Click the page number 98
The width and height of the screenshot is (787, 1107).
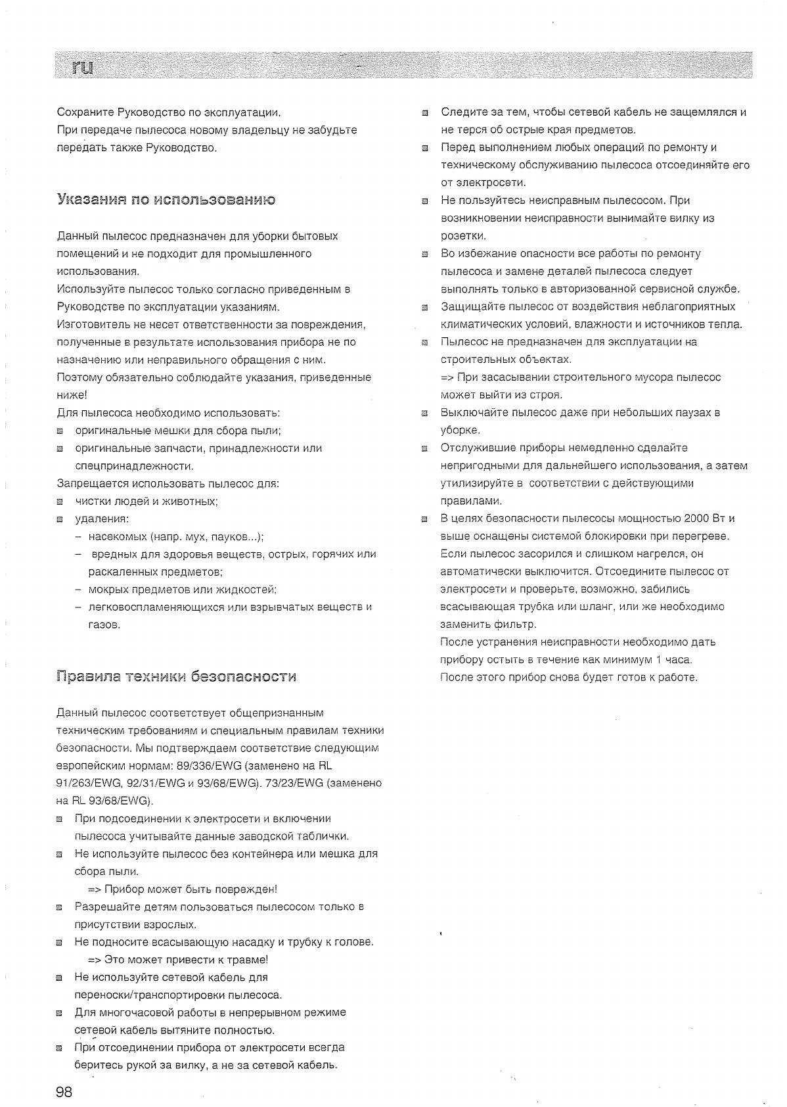tap(64, 1092)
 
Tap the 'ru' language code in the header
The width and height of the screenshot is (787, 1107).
tap(83, 66)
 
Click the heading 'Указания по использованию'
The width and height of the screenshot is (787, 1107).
tap(166, 199)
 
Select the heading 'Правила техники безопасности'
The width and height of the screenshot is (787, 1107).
tap(177, 676)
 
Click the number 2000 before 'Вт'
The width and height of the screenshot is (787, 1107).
tap(696, 519)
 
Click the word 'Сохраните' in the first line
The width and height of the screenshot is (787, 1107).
tap(85, 112)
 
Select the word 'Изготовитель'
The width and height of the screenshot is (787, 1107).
tap(93, 324)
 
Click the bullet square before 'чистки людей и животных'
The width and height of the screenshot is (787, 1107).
tap(60, 502)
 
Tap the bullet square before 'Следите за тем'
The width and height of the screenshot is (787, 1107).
tap(425, 113)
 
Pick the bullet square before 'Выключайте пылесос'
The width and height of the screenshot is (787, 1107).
tap(425, 413)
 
